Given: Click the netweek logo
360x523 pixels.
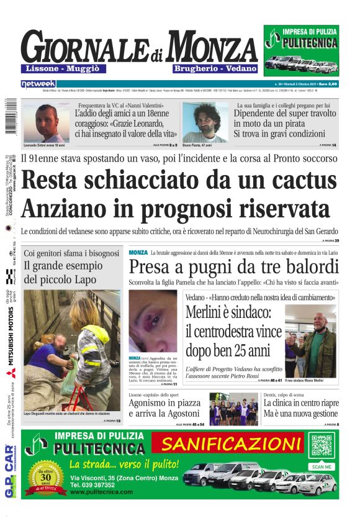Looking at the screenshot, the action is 38,83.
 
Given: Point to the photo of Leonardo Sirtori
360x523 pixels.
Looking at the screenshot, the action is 45,122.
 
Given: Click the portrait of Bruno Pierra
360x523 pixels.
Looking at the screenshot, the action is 205,122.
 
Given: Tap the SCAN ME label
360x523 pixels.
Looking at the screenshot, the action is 322,466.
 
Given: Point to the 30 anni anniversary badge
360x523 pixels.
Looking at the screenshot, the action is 47,479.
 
